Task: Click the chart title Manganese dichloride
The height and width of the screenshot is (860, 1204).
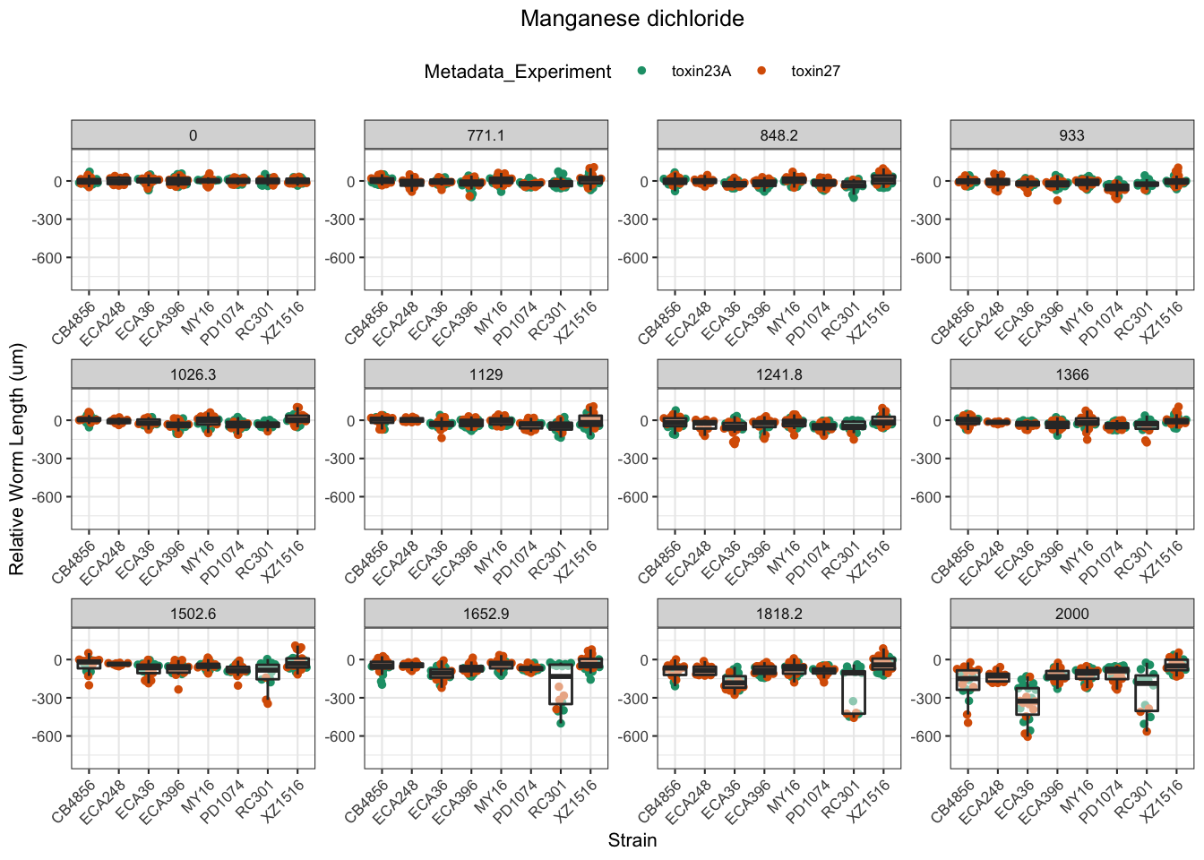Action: click(632, 19)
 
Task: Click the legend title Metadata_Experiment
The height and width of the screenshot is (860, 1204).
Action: click(518, 72)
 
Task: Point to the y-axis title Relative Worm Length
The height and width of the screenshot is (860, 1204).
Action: click(17, 460)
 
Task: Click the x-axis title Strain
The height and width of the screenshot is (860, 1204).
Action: click(632, 840)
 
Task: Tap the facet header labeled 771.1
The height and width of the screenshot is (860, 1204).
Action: click(486, 135)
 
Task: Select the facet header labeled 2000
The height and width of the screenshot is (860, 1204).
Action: click(1071, 614)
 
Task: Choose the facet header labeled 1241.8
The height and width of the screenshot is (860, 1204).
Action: click(778, 374)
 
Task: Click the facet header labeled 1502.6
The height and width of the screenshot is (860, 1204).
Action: click(193, 614)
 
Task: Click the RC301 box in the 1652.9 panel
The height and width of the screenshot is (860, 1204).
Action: click(561, 685)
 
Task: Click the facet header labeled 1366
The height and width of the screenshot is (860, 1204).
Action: click(1071, 374)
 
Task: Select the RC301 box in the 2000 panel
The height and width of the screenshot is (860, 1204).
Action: click(1146, 693)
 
